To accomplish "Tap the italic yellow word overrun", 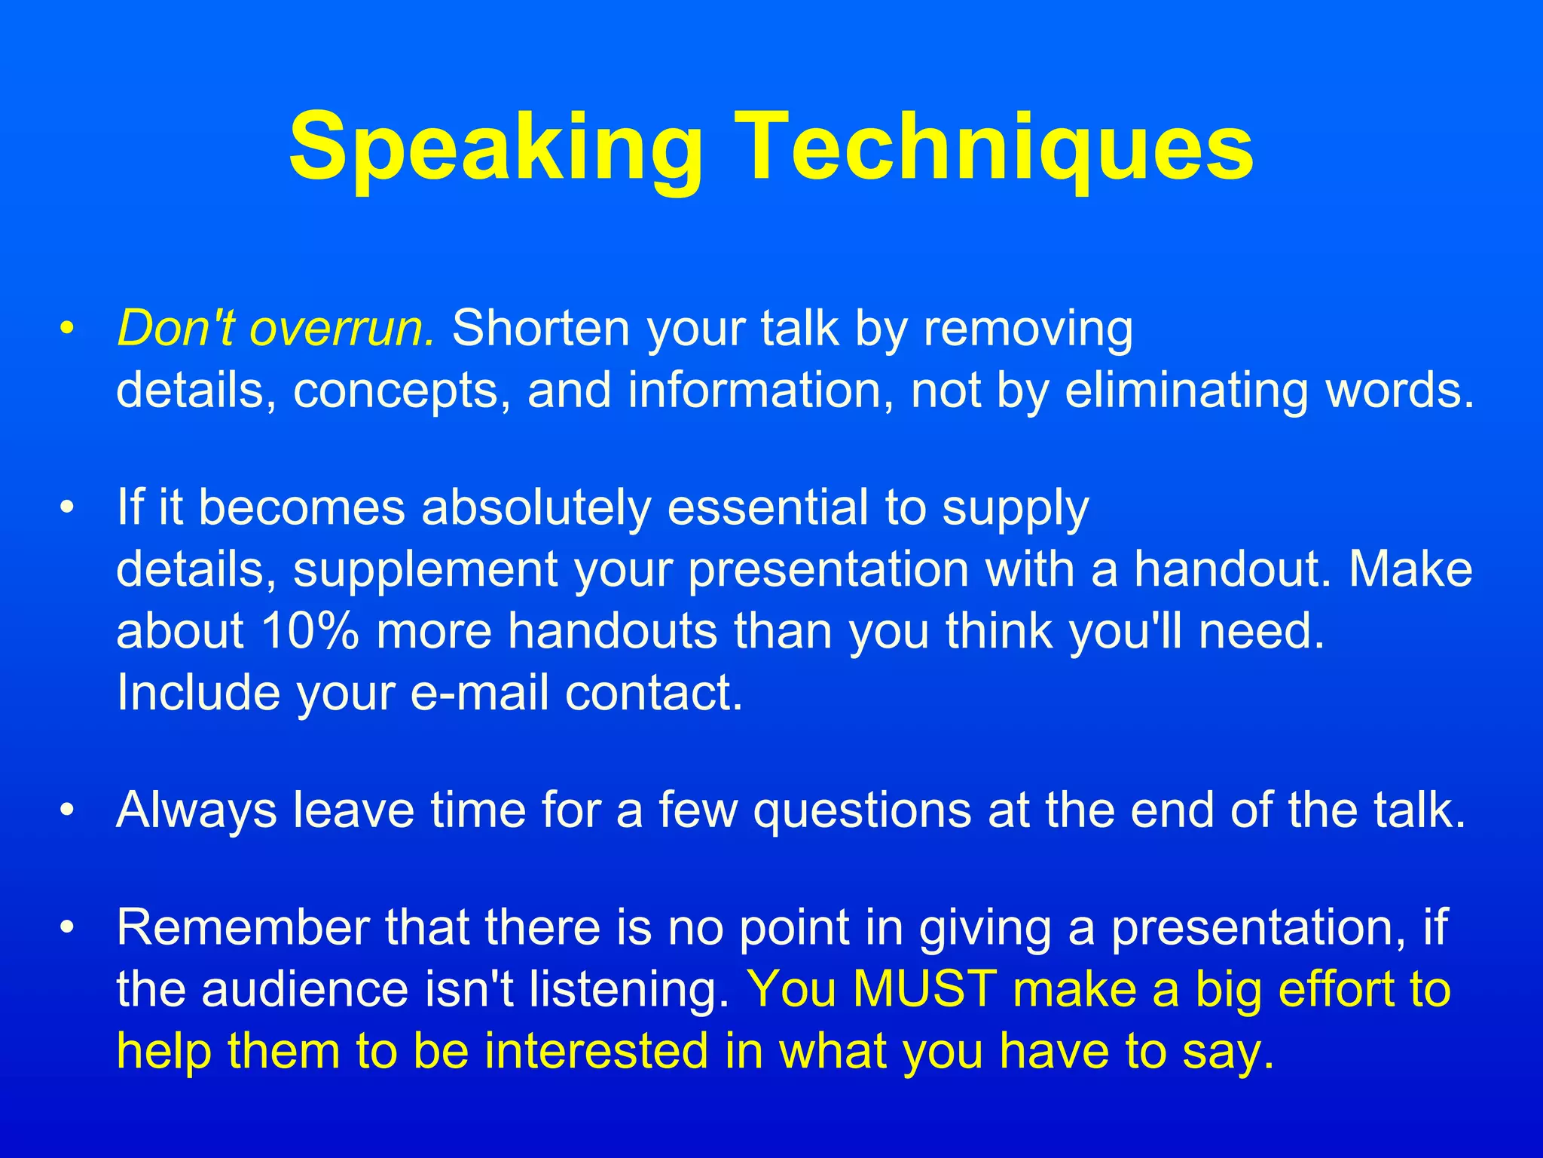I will coord(342,329).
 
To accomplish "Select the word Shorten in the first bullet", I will coord(540,329).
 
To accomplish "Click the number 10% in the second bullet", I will coord(310,630).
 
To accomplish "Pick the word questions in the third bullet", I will coord(862,811).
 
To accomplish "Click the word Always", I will coord(196,811).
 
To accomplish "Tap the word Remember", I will coord(243,927).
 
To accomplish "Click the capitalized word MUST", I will coord(925,989).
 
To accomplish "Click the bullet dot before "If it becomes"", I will coord(68,508).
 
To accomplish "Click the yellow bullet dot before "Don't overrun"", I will coord(68,329).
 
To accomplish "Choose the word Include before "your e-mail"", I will coord(198,692).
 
